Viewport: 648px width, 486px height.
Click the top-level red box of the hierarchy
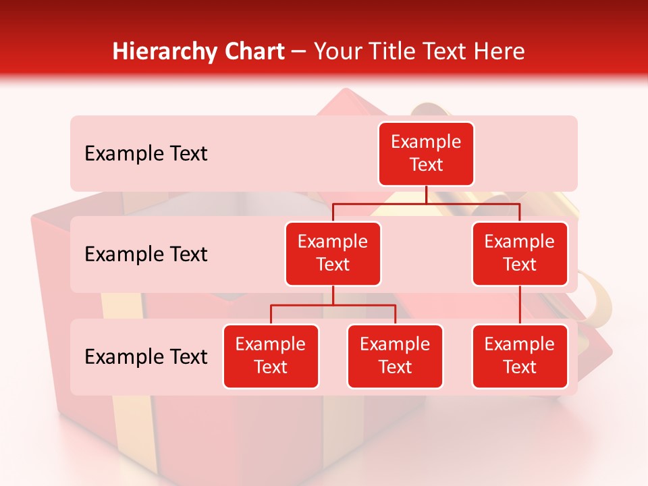(x=426, y=154)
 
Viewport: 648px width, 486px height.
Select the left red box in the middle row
(x=333, y=254)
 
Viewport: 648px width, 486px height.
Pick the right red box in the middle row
(x=520, y=254)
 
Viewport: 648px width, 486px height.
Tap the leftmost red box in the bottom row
(x=271, y=356)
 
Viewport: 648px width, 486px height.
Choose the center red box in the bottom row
(x=395, y=356)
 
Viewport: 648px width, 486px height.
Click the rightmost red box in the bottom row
(x=520, y=356)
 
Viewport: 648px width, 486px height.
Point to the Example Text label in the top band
(x=146, y=154)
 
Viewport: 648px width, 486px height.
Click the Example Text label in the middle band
(x=146, y=254)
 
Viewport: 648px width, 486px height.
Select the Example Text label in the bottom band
(x=146, y=357)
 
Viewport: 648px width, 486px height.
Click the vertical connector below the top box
(x=426, y=194)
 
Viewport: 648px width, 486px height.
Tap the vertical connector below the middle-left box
(x=333, y=296)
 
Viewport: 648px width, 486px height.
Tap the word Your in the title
(x=339, y=51)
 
